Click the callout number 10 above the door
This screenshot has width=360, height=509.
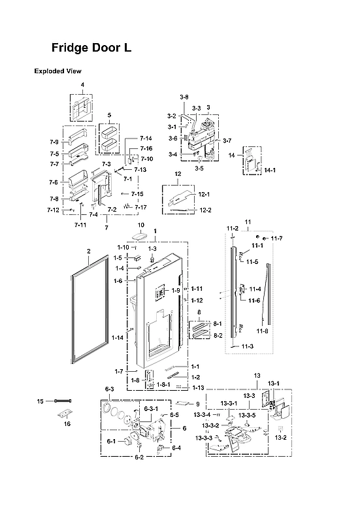click(140, 225)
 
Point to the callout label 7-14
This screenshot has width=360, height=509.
click(146, 139)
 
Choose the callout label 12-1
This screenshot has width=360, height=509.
click(205, 195)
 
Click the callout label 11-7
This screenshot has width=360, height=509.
click(277, 238)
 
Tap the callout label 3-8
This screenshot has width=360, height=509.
click(184, 97)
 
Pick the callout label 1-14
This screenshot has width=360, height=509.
click(118, 337)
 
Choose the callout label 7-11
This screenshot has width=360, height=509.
click(80, 224)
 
